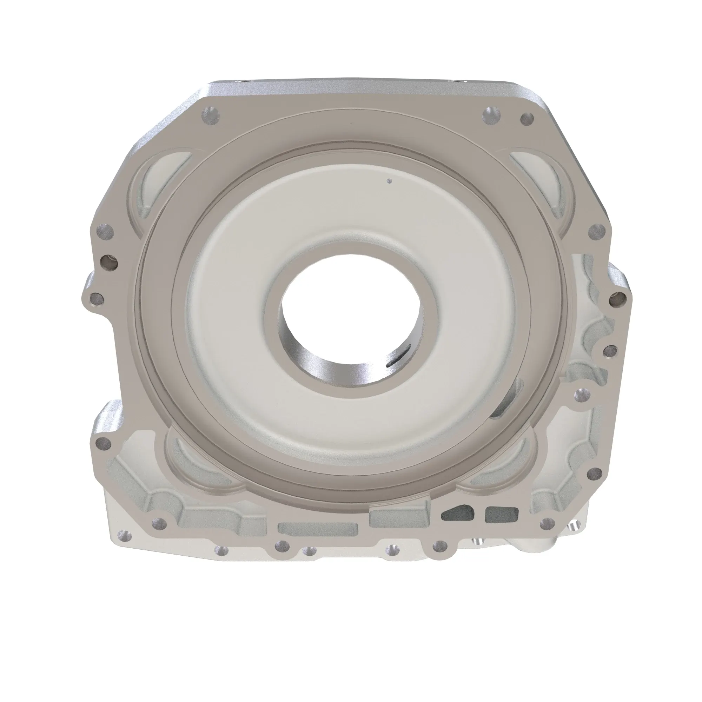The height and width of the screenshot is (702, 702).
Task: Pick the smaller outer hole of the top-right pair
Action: tap(527, 118)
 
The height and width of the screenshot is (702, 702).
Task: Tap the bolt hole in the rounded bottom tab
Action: tap(440, 555)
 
